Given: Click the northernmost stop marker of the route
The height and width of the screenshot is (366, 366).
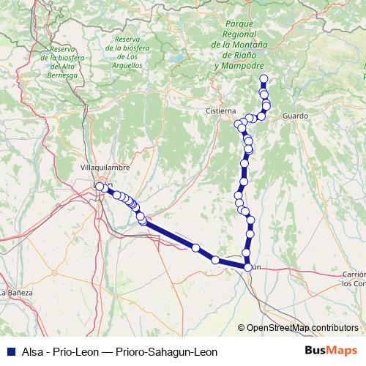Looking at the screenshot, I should click(264, 79).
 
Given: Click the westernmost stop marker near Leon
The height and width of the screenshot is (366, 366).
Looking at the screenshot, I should click(100, 187).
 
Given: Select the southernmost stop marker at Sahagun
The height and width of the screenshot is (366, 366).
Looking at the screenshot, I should click(248, 267).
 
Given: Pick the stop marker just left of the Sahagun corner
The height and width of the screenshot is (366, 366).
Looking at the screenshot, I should click(215, 260).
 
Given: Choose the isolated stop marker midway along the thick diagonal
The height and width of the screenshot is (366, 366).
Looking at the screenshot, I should click(195, 248).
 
